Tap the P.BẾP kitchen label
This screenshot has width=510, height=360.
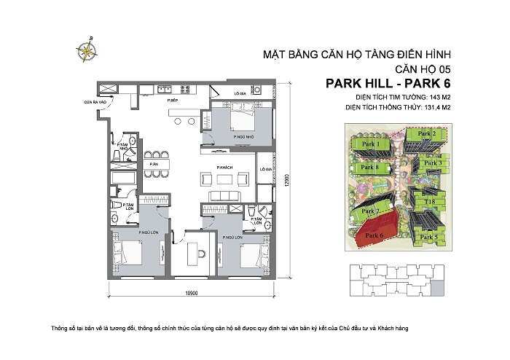click(173, 99)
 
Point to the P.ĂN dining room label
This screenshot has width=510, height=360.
click(154, 164)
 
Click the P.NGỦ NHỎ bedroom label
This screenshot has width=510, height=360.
click(234, 136)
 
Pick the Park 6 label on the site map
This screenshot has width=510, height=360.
click(375, 235)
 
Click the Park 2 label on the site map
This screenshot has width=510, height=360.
click(427, 134)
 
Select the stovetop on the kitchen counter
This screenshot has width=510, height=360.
click(166, 90)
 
